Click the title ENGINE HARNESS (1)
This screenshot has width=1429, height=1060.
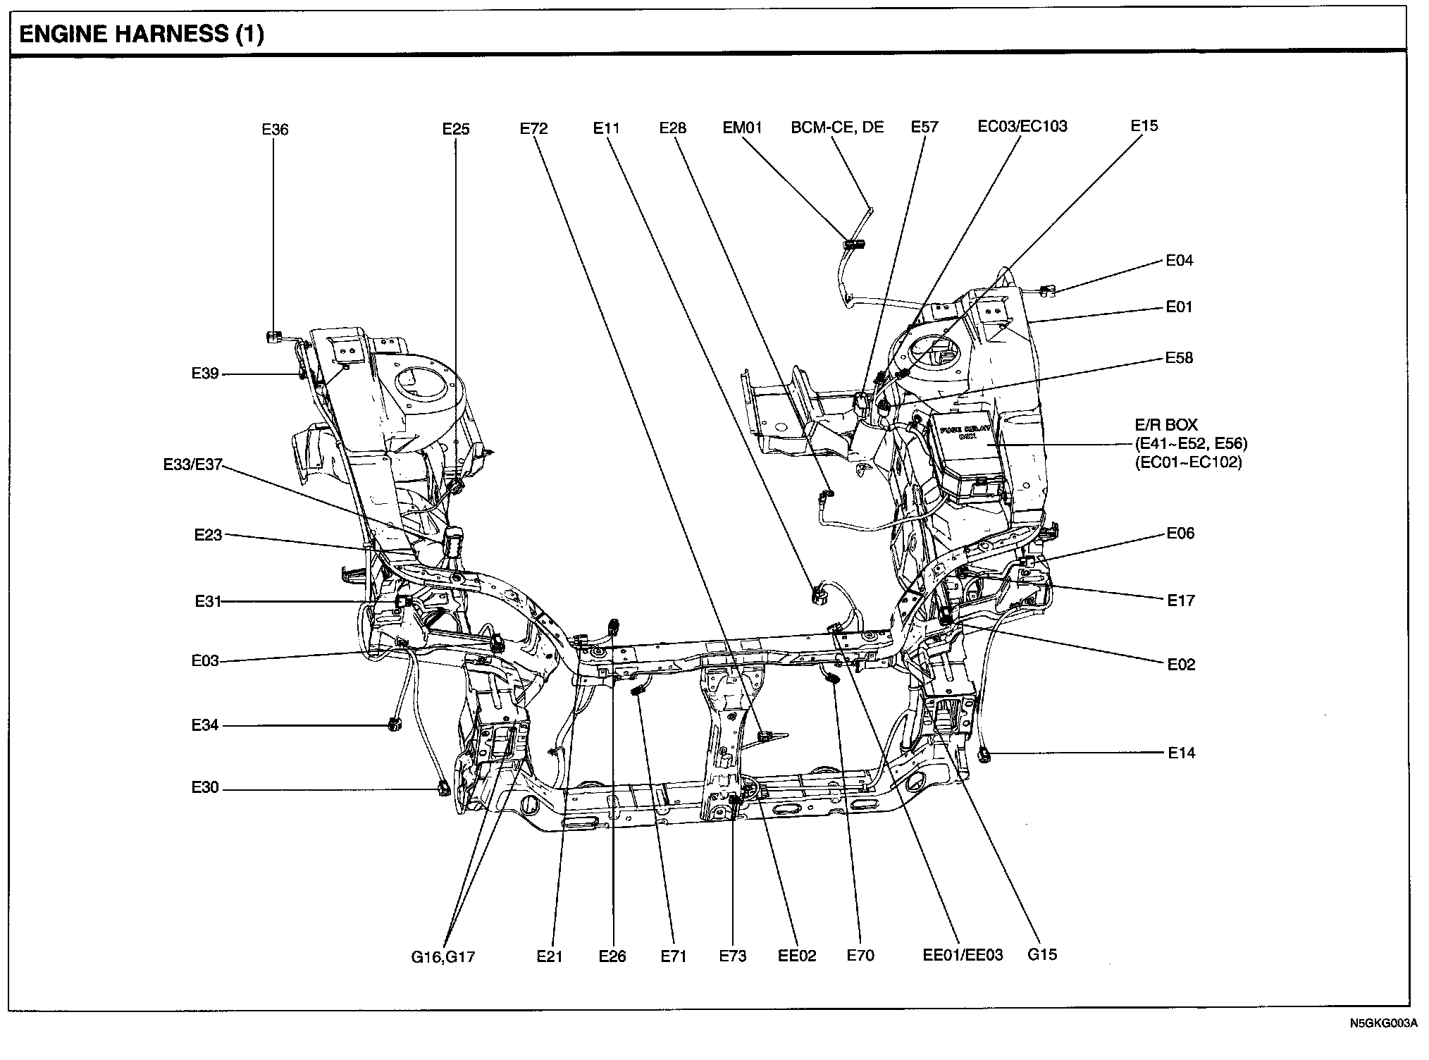coord(142,35)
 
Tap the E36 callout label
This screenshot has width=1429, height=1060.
coord(275,130)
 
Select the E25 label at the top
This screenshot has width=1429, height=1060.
coord(456,129)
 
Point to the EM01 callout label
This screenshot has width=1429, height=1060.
coord(743,128)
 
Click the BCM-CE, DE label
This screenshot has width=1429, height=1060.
coord(837,128)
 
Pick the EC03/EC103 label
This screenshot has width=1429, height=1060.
coord(1022,126)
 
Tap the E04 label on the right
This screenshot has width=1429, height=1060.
coord(1180,261)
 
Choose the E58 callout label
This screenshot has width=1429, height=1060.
coord(1180,358)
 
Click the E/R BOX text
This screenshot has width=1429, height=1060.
coord(1166,425)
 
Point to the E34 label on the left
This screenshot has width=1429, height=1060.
coord(205,725)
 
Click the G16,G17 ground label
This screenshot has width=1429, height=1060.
coord(443,957)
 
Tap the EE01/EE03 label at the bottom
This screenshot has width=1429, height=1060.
coord(963,956)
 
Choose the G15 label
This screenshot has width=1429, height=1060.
coord(1042,955)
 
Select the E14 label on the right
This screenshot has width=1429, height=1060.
coord(1182,753)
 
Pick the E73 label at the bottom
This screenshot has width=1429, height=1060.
coord(733,956)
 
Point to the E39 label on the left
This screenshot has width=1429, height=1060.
coord(205,374)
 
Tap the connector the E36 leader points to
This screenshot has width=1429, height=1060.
coord(273,338)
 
